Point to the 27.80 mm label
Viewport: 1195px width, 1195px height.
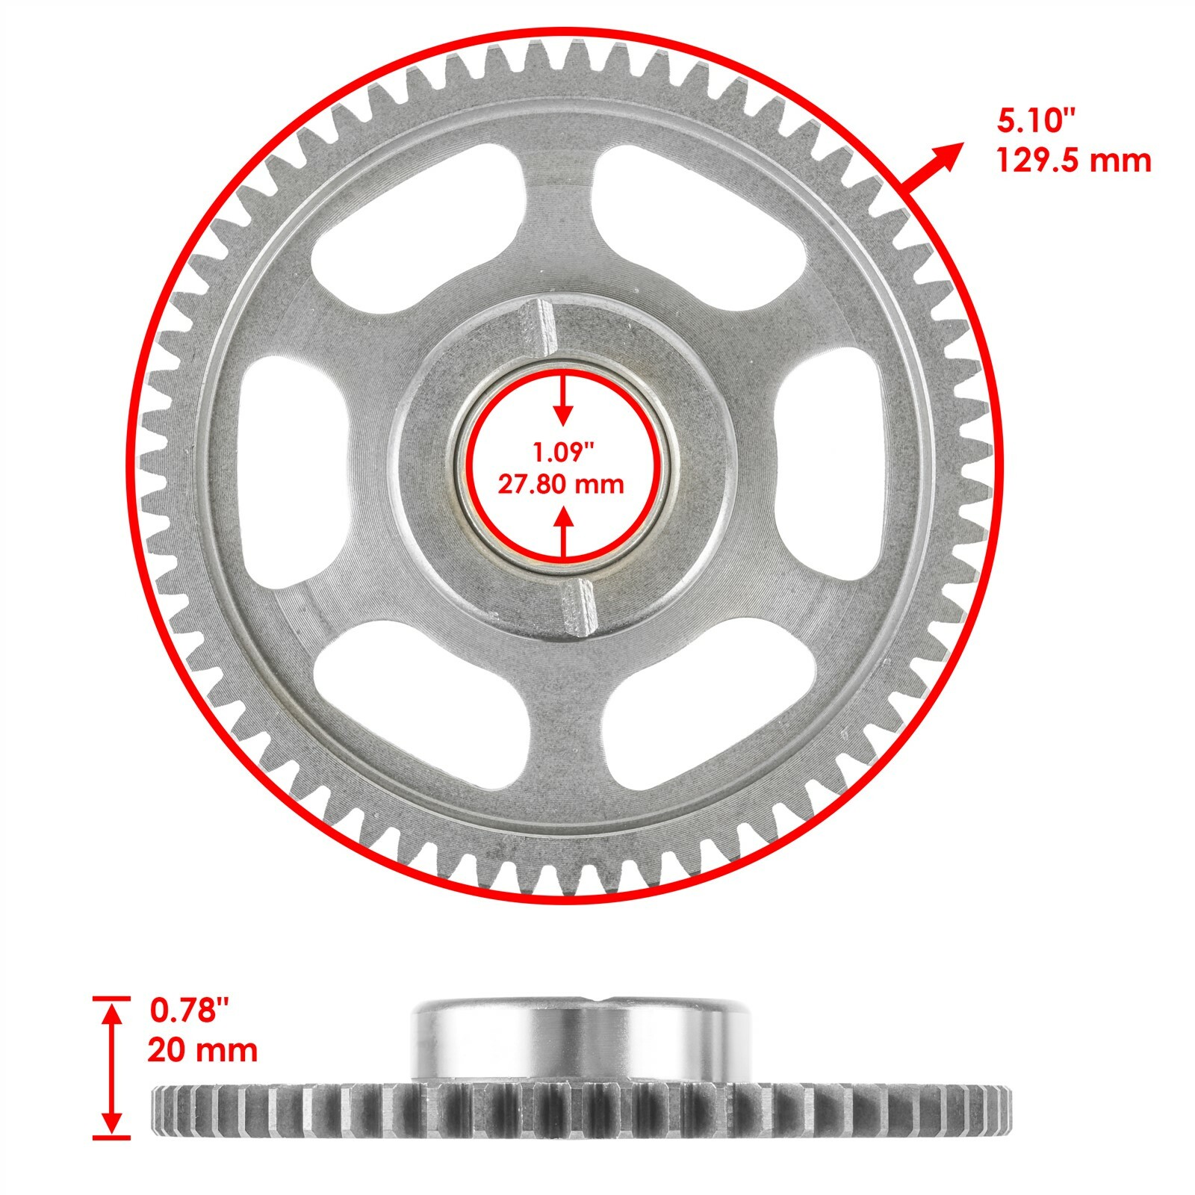point(561,485)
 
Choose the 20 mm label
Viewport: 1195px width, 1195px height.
point(202,1049)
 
